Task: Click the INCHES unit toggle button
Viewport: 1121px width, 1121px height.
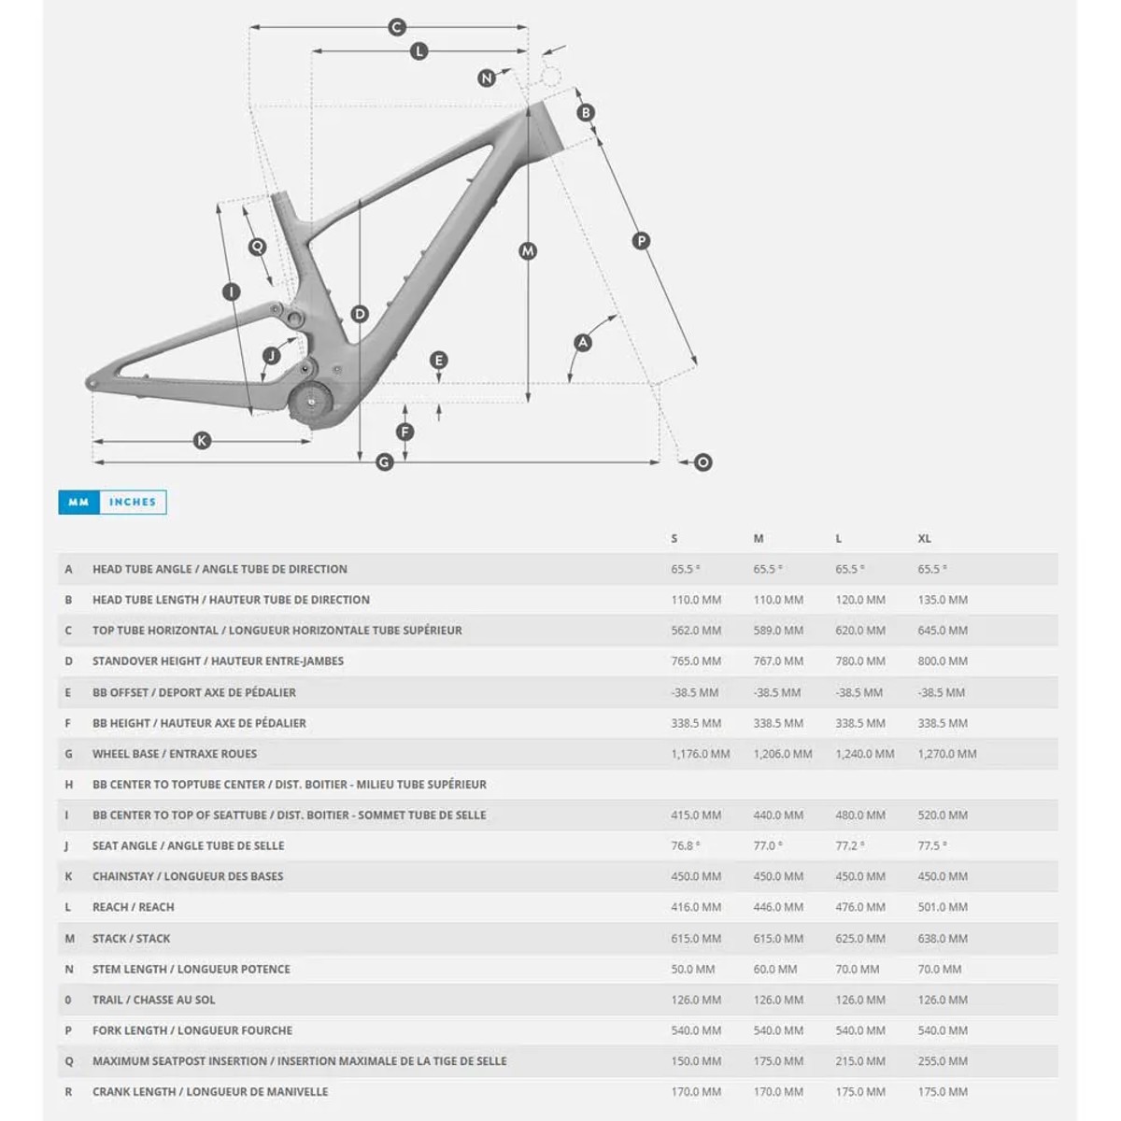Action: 133,503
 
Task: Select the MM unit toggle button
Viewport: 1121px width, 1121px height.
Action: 78,503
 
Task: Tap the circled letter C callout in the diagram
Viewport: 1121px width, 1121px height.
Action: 396,27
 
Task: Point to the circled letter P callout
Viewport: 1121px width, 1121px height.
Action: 641,241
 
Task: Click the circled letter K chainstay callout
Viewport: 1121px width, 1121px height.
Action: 202,441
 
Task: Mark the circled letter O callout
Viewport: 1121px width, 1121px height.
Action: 702,461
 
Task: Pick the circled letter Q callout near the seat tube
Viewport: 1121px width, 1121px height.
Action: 257,247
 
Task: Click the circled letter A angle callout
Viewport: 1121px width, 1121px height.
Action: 583,343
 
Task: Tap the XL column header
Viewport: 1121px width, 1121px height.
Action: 924,539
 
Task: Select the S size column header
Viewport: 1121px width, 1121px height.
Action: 674,539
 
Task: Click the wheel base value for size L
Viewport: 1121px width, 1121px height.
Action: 864,754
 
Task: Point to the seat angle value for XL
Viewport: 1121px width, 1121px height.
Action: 931,845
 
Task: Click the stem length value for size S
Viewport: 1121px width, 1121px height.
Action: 692,970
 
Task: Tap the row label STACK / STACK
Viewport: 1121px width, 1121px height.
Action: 131,939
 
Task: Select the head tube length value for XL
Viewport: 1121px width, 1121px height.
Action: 943,600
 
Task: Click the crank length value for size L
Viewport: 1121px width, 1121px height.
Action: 860,1092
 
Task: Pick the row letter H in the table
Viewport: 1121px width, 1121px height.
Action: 68,785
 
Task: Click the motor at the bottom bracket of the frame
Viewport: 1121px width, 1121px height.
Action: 311,405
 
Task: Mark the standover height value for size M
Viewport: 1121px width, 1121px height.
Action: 778,661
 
